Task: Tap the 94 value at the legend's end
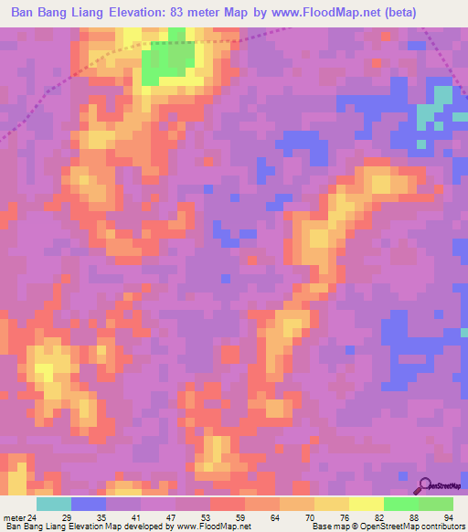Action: click(448, 517)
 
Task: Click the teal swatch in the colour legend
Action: click(53, 504)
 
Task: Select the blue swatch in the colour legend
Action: click(88, 504)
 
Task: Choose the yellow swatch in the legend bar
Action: click(367, 504)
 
